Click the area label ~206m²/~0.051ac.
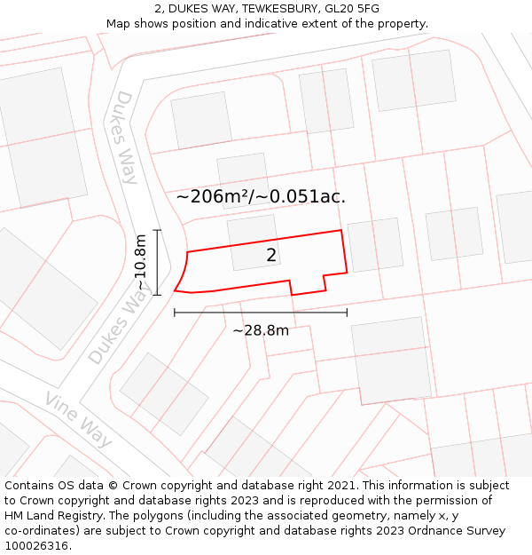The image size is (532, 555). point(261,197)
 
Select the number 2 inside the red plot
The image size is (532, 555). point(271,256)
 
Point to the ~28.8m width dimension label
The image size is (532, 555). point(261,330)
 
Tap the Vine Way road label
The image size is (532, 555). point(79,419)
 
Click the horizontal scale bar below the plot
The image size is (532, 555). point(261,313)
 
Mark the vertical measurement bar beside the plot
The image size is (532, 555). point(157,262)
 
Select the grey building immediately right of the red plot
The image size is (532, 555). point(375,245)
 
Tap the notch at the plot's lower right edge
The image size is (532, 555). point(308,284)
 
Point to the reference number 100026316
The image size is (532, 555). point(35,545)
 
